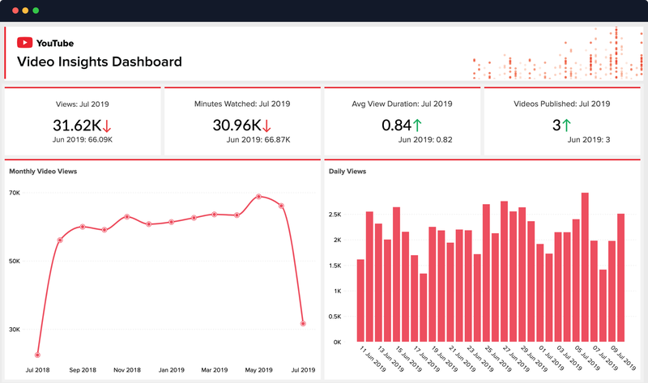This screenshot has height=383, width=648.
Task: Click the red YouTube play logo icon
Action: tap(25, 43)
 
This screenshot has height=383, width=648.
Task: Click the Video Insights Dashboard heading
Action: tap(100, 62)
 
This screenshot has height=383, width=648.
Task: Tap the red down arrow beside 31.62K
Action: tap(107, 126)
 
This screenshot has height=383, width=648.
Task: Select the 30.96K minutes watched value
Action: tap(237, 125)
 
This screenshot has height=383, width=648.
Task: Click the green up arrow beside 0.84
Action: tap(417, 126)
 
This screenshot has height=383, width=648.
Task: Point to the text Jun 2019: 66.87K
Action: tap(258, 139)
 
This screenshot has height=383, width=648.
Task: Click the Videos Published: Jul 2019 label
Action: tap(562, 104)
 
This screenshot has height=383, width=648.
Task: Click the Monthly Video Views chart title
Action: tap(43, 171)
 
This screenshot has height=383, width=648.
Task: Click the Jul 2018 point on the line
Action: tap(37, 355)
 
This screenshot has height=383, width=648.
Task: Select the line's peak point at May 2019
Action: tap(258, 196)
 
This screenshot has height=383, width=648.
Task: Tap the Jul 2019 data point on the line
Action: tap(303, 324)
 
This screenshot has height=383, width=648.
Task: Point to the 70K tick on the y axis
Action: tap(15, 193)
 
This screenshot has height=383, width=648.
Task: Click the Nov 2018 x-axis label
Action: tap(127, 370)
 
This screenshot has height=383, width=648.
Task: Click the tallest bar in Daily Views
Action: tap(585, 267)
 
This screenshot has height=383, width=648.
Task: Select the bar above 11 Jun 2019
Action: tap(360, 300)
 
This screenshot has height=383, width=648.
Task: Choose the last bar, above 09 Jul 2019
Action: tap(620, 278)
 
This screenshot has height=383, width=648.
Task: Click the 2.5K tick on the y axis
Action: tap(335, 215)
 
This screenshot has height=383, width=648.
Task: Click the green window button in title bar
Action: tap(36, 11)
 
